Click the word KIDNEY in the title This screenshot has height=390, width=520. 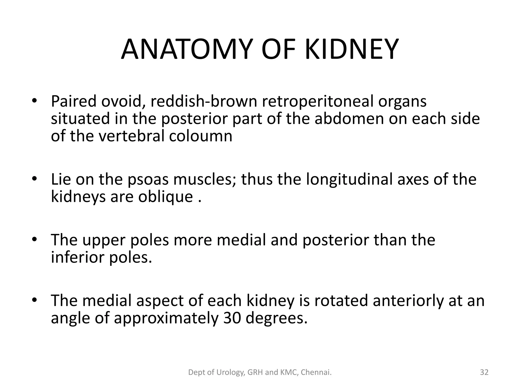pyautogui.click(x=351, y=50)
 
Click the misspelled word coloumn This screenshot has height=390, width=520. pyautogui.click(x=201, y=136)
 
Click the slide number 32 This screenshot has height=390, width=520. pyautogui.click(x=484, y=372)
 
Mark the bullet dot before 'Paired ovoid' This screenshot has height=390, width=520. pyautogui.click(x=35, y=101)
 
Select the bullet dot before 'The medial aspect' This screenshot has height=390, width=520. pyautogui.click(x=35, y=300)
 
